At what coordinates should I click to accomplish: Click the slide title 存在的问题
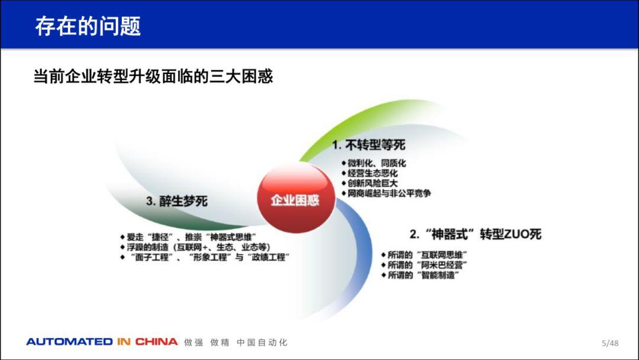(x=88, y=26)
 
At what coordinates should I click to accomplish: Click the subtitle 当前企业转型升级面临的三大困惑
(x=153, y=76)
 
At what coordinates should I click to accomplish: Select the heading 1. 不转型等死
(x=369, y=144)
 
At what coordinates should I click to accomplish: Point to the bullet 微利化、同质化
(x=374, y=163)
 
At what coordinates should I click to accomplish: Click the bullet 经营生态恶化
(x=370, y=173)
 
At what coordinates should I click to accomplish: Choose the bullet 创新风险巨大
(x=370, y=184)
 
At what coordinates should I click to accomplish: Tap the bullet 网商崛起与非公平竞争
(x=386, y=193)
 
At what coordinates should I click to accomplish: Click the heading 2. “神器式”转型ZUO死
(x=476, y=234)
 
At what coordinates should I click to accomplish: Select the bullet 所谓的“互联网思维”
(x=424, y=255)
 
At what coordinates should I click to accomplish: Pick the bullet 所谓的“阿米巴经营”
(x=424, y=265)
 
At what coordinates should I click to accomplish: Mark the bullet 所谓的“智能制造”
(x=420, y=275)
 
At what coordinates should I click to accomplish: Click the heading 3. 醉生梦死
(x=177, y=201)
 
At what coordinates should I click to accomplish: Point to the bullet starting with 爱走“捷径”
(x=188, y=237)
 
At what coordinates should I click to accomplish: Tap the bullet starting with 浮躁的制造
(x=195, y=247)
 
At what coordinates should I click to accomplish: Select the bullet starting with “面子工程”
(x=205, y=257)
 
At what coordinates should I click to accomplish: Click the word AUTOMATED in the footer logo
(x=70, y=342)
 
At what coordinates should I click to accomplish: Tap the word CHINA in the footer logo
(x=156, y=342)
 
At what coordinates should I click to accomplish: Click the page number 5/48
(x=610, y=343)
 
